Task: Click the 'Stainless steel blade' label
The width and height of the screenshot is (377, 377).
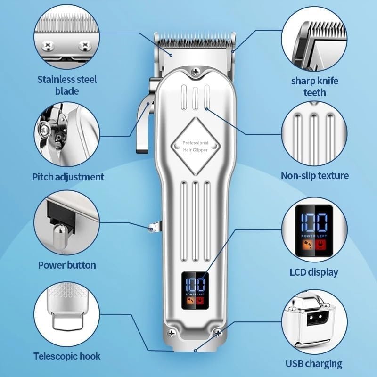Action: (67, 85)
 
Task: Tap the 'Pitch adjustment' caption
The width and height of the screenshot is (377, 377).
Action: (68, 177)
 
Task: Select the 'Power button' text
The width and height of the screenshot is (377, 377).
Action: (67, 265)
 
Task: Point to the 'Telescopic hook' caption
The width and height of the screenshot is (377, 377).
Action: (67, 356)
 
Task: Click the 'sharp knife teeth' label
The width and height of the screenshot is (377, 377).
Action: (314, 87)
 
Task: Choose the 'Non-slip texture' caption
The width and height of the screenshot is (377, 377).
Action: (315, 176)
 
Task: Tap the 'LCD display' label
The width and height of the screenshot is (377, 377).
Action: (314, 272)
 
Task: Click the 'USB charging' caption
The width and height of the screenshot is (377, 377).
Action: (314, 363)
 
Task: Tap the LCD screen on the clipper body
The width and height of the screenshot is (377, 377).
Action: (196, 290)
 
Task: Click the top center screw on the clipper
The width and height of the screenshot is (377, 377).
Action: (196, 71)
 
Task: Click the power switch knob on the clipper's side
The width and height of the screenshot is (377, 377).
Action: (152, 228)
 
